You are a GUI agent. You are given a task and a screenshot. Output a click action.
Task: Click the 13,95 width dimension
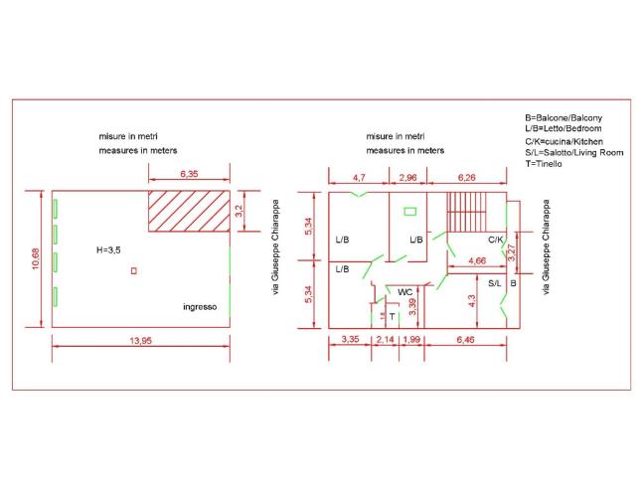point(141,340)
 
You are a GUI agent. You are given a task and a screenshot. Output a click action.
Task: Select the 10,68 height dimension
point(36,258)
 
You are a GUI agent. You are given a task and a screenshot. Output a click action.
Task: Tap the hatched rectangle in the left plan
point(189,211)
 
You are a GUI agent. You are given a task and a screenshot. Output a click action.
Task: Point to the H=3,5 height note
point(108,250)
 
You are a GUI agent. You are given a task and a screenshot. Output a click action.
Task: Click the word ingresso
point(200,307)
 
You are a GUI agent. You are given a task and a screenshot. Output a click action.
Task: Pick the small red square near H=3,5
point(133,271)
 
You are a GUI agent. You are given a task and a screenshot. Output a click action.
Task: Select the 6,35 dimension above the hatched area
point(189,174)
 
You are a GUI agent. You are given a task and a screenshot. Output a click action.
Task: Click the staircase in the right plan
point(466,212)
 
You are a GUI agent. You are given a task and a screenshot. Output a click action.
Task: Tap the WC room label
point(404,292)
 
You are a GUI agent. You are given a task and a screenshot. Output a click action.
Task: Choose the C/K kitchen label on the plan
point(495,240)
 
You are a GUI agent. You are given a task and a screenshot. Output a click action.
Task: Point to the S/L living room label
point(495,283)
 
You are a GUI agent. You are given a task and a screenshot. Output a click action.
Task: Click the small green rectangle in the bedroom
point(409,212)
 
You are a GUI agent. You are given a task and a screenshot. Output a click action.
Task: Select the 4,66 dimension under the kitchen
point(477,260)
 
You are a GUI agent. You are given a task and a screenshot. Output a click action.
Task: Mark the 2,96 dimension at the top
point(407,177)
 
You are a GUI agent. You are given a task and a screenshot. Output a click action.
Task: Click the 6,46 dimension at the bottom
point(465,340)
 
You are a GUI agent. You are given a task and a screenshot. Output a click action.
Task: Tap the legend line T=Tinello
point(544,164)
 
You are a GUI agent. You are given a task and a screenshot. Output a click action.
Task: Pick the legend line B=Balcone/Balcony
point(563,118)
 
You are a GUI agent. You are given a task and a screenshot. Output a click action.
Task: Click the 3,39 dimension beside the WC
point(412,307)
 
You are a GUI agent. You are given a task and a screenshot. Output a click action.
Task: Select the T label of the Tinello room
point(392,317)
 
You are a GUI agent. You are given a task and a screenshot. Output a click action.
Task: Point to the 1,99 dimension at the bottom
point(411,340)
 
